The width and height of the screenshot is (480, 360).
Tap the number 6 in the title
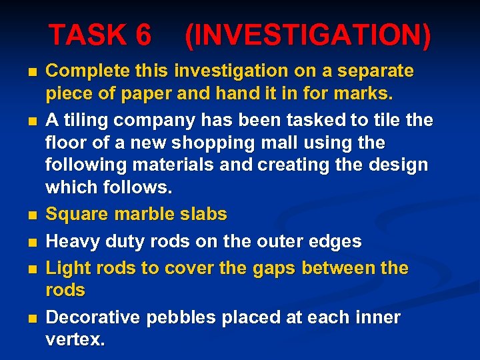coord(142,35)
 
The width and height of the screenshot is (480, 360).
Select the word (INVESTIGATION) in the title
coord(307,36)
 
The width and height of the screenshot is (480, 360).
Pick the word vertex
coord(73,340)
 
